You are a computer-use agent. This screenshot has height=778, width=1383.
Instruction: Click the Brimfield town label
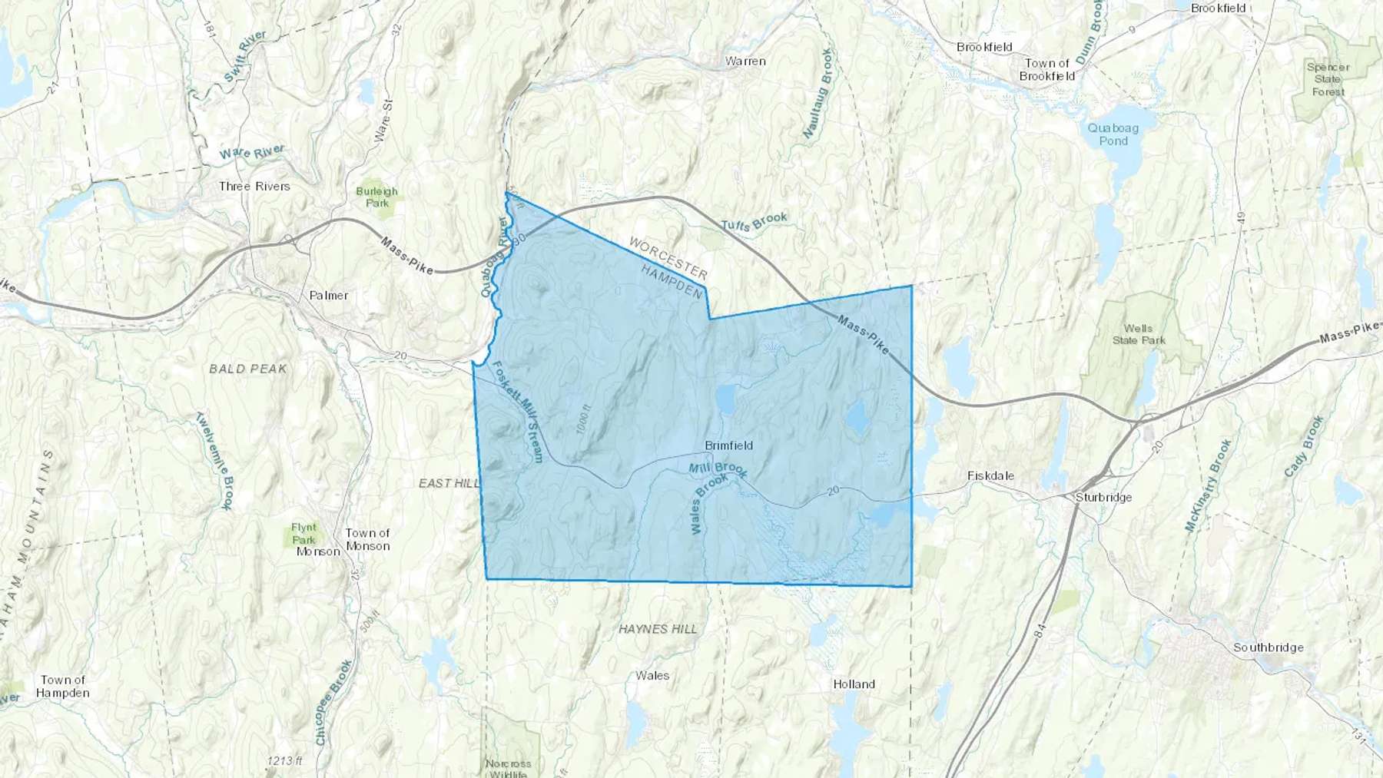(x=728, y=445)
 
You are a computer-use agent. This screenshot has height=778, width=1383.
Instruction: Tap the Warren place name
(x=745, y=61)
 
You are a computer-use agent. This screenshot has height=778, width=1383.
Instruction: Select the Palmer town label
(x=328, y=295)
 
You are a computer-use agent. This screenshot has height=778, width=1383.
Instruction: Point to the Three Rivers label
(x=254, y=186)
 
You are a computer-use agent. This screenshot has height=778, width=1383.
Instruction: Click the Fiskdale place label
(x=990, y=475)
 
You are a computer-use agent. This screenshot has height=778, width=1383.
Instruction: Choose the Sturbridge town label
(x=1103, y=497)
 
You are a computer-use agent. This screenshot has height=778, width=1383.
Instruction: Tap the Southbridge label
(x=1268, y=647)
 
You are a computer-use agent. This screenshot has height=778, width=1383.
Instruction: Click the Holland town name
(x=854, y=684)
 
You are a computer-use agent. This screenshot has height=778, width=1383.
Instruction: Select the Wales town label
(x=652, y=676)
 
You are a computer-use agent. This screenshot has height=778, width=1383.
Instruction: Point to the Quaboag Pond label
(x=1113, y=134)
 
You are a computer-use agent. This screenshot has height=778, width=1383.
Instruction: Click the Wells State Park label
(x=1138, y=334)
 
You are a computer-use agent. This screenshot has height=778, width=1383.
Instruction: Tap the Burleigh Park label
(x=376, y=197)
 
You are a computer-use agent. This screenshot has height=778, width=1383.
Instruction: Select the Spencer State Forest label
(x=1328, y=79)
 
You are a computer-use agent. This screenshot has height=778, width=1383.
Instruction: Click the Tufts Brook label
(x=754, y=221)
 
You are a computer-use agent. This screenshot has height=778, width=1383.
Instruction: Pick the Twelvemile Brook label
(x=214, y=461)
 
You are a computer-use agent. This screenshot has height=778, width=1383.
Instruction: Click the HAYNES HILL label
(x=658, y=629)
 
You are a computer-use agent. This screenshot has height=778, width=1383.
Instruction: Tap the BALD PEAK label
(x=247, y=369)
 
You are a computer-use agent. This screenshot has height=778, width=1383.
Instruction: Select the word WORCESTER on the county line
(x=668, y=258)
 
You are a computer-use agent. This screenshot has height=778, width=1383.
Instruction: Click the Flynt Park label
(x=303, y=533)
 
